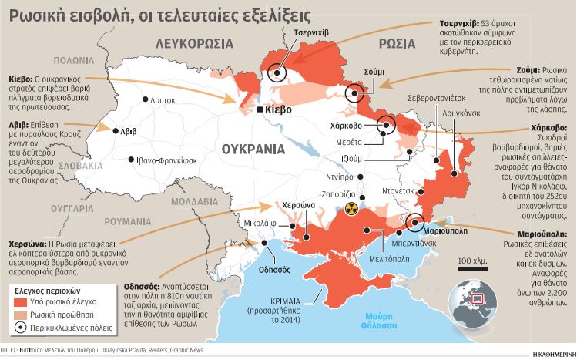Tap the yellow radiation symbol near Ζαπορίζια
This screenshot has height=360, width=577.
pyautogui.click(x=351, y=209)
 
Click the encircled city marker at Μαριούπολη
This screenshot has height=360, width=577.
pyautogui.click(x=414, y=222)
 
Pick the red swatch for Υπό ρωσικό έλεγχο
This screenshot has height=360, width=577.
pyautogui.click(x=20, y=302)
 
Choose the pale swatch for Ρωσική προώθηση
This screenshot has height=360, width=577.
pyautogui.click(x=20, y=315)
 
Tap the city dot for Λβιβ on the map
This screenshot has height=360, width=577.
pyautogui.click(x=116, y=132)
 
